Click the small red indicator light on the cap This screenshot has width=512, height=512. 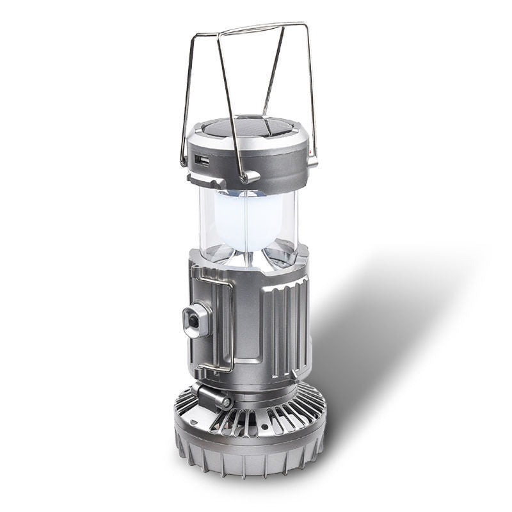[310, 153]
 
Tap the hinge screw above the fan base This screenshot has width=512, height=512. [225, 401]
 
